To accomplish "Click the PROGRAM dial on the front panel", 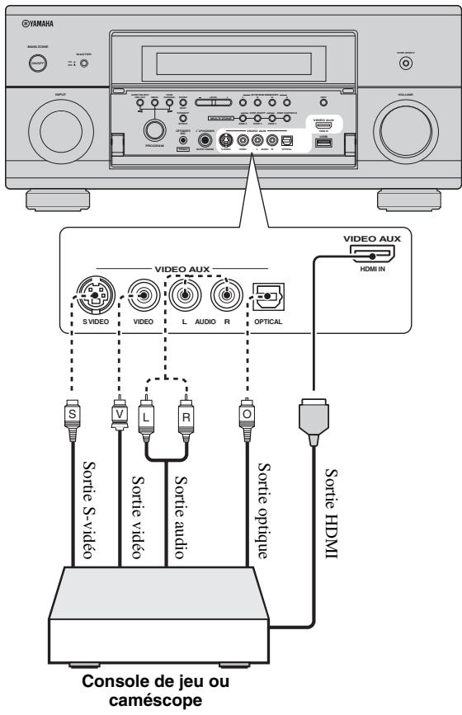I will [151, 129].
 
